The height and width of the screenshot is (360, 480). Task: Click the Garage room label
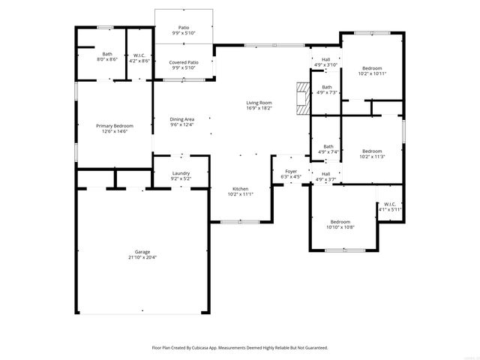142,253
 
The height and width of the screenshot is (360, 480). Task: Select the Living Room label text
259,103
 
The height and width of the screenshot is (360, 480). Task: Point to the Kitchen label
240,188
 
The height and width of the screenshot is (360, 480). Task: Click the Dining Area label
182,119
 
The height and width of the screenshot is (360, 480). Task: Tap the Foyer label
291,172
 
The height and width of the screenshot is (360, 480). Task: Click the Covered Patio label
184,62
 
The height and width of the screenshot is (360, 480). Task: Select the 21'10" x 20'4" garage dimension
142,258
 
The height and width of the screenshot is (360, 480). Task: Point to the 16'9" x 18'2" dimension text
259,108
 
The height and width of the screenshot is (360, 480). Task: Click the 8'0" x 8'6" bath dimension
107,59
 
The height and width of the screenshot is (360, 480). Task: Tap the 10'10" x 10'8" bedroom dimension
340,226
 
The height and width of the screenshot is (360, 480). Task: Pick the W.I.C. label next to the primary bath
139,54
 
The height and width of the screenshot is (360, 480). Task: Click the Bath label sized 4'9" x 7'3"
327,87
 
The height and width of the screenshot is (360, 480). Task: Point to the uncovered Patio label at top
184,28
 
